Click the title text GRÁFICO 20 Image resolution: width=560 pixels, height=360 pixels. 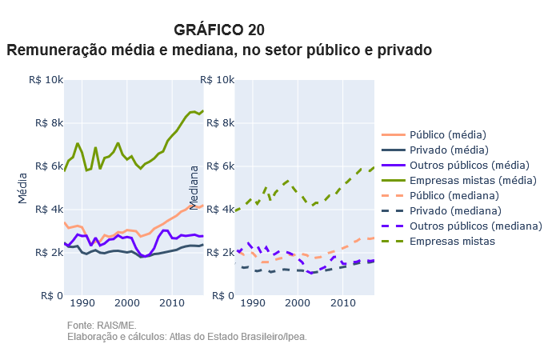[x=218, y=30]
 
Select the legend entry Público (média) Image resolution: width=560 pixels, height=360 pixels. [x=448, y=134]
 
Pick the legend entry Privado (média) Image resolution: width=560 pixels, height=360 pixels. [x=448, y=150]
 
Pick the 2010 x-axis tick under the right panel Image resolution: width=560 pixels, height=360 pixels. [x=343, y=302]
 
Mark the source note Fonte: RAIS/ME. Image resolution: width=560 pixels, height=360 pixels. [x=102, y=326]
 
